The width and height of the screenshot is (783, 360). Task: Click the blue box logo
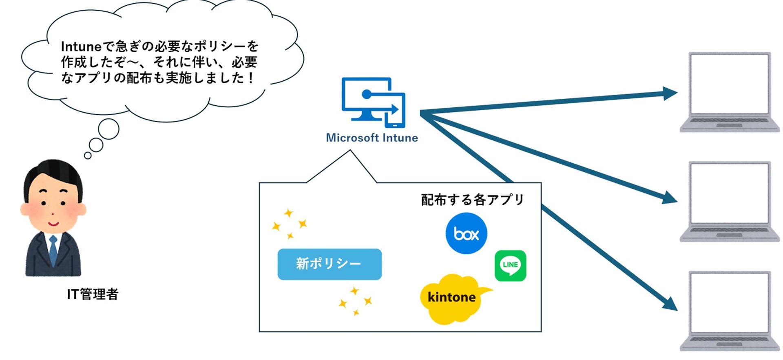pos(466,233)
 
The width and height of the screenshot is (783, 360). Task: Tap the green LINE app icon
pos(510,266)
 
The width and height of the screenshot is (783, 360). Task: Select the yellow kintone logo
pos(451,298)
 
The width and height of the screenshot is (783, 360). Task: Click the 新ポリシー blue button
pos(330,264)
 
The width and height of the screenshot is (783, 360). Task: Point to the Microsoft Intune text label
pos(372,138)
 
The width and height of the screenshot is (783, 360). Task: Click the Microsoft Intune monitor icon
pos(373,102)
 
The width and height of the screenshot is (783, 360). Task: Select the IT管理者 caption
pos(93,294)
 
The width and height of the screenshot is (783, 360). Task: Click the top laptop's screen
pos(729,84)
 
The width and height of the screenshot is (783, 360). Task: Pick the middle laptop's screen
pos(729,193)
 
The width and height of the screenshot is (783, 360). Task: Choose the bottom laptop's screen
pos(729,302)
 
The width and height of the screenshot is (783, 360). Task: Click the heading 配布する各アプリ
pos(472,200)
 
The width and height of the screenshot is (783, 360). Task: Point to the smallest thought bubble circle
pos(88,156)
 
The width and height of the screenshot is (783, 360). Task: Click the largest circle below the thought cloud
pos(108,129)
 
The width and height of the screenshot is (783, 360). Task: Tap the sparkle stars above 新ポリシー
pos(290,224)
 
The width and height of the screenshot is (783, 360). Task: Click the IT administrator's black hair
pos(53,173)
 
